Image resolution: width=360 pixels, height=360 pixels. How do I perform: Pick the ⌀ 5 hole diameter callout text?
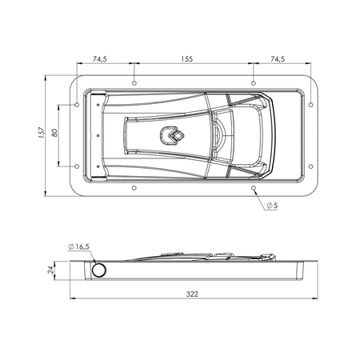pos(272,206)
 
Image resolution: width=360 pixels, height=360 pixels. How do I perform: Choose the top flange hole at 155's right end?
pos(254,82)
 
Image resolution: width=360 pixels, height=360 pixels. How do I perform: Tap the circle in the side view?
pos(98,271)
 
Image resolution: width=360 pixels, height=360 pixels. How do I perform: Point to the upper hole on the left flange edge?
pos(76,105)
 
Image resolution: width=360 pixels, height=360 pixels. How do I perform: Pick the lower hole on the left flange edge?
pos(76,166)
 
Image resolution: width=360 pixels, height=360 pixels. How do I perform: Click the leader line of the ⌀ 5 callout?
pos(261,198)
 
